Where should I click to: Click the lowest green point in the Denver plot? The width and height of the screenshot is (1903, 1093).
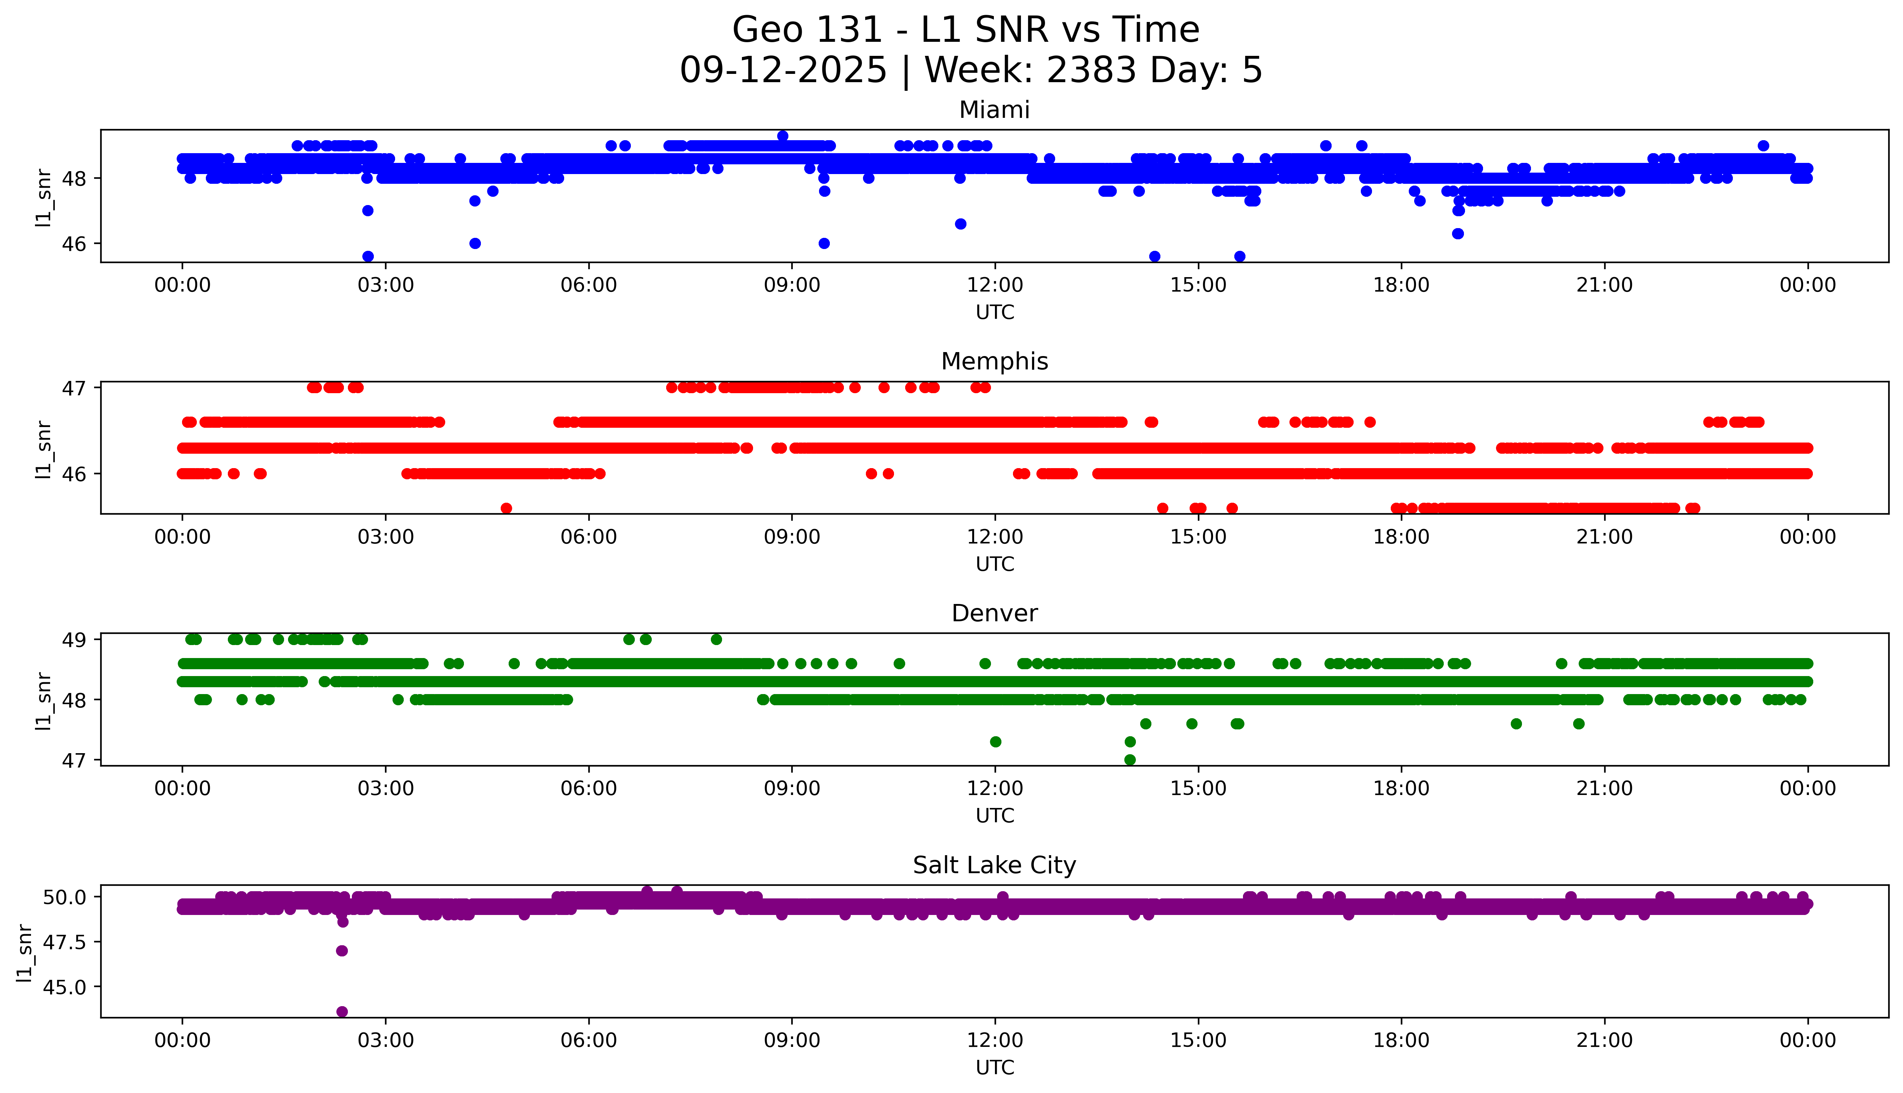pos(1130,760)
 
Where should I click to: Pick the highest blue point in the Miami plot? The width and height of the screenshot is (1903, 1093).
pos(782,136)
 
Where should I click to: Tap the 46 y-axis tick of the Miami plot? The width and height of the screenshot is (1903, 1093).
pos(77,244)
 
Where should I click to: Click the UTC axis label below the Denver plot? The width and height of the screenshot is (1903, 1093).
pos(995,816)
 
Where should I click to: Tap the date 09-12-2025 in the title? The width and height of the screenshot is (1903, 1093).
pos(783,71)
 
